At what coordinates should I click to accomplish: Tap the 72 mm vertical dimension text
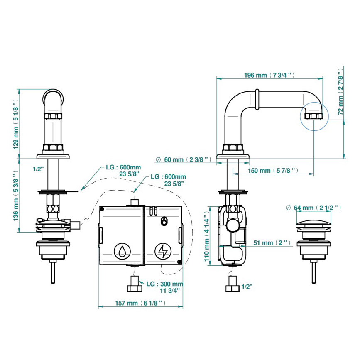pyautogui.click(x=340, y=94)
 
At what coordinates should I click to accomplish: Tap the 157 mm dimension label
pyautogui.click(x=140, y=303)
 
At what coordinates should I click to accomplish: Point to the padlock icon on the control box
pyautogui.click(x=164, y=221)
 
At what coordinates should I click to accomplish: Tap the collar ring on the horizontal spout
pyautogui.click(x=258, y=99)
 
